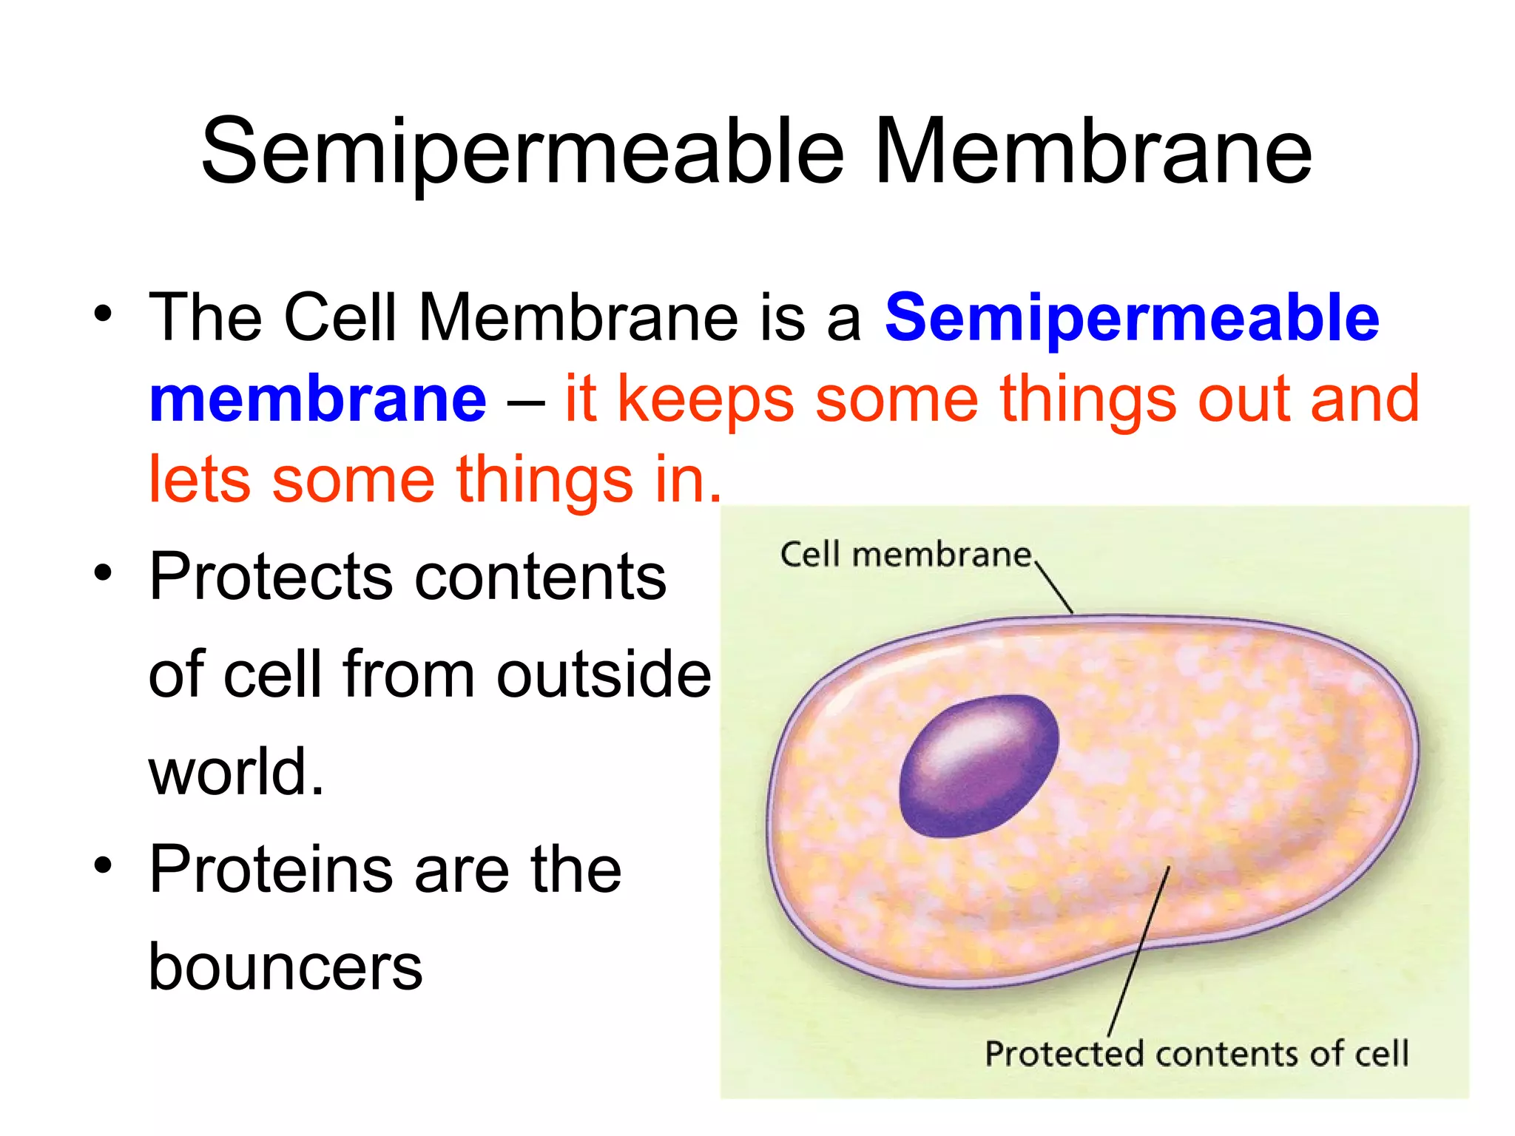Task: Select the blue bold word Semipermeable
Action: (1132, 318)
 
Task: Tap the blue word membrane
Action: (318, 399)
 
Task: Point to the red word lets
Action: (200, 481)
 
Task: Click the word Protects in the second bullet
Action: (271, 577)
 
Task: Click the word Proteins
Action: (271, 870)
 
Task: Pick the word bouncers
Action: (285, 967)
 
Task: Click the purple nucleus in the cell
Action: (978, 766)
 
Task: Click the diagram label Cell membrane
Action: (905, 555)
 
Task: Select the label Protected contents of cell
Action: (1196, 1054)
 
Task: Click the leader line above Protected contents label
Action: (1139, 951)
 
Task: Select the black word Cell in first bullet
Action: (340, 318)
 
